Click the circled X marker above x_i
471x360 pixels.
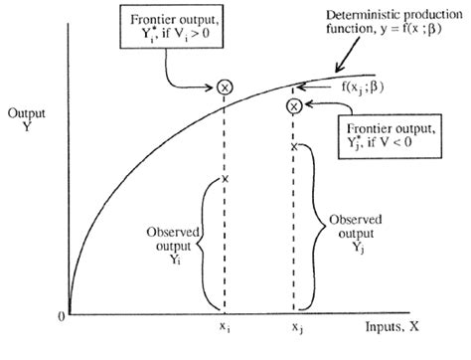pyautogui.click(x=226, y=88)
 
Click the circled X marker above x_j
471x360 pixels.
pyautogui.click(x=293, y=106)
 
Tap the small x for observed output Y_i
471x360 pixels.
pyautogui.click(x=226, y=178)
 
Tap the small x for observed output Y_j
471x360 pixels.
pyautogui.click(x=293, y=146)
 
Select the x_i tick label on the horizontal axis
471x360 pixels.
pyautogui.click(x=226, y=326)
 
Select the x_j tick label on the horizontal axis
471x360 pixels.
pyautogui.click(x=296, y=326)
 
